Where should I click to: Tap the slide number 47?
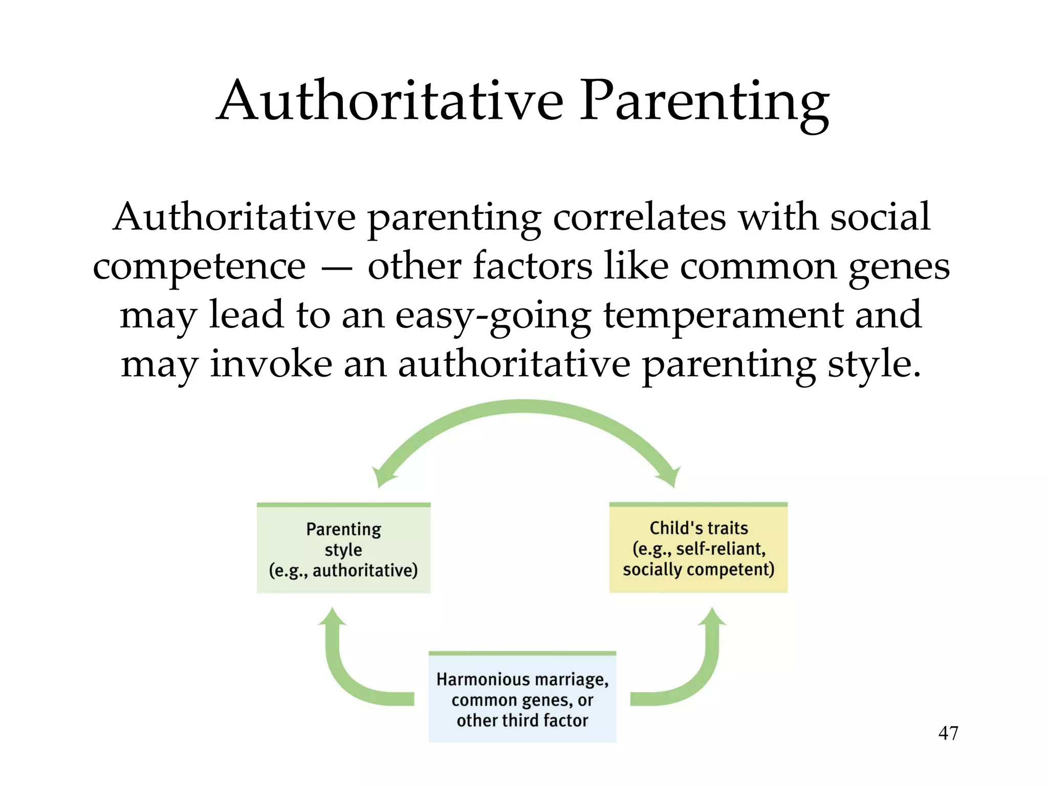coord(948,733)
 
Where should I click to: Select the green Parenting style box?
coord(343,549)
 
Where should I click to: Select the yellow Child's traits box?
coord(698,548)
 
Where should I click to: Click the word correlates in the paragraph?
coord(639,217)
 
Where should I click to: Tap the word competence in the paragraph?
coord(199,266)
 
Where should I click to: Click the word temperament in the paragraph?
coord(723,315)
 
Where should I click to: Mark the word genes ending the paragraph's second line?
coord(899,267)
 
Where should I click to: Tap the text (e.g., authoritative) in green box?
coord(343,570)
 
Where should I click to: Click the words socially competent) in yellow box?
coord(698,569)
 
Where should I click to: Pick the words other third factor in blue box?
coord(522,720)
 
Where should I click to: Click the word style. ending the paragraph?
coord(874,364)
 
